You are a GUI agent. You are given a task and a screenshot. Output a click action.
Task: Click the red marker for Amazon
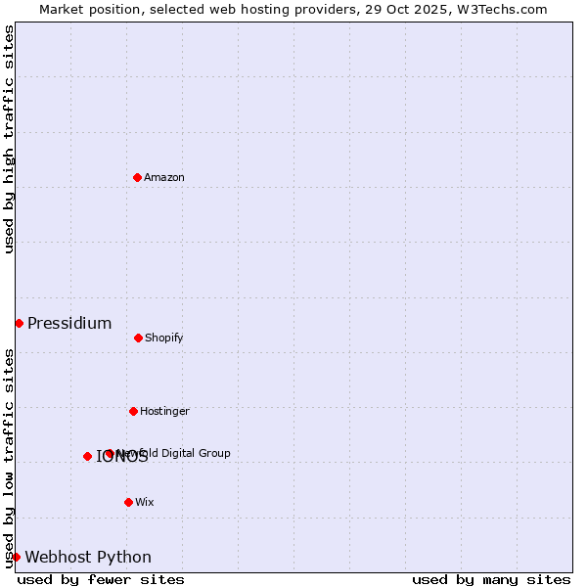point(137,177)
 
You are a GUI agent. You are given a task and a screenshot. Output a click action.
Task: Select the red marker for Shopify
point(138,338)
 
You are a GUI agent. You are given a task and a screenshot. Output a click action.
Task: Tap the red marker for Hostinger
point(133,411)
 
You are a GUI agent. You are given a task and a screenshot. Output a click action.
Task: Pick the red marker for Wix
point(128,502)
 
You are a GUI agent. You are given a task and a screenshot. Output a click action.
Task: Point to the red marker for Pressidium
point(19,323)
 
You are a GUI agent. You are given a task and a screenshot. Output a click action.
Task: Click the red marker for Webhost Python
point(16,557)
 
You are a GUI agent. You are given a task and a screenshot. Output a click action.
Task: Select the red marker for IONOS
point(87,456)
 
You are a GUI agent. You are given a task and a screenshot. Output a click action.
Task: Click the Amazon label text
point(164,177)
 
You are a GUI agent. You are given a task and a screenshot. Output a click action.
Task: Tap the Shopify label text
point(164,338)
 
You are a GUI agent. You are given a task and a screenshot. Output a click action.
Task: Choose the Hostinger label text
point(164,411)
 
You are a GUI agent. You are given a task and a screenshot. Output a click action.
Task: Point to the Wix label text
point(145,502)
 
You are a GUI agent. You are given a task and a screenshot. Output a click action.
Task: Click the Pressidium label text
point(69,323)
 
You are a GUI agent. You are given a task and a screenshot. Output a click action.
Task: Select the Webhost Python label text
point(88,557)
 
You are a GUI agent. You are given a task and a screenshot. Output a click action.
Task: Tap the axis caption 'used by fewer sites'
point(101,579)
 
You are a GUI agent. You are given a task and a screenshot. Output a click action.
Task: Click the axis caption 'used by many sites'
point(491,579)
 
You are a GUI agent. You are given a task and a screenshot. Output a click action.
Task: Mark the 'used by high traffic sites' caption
point(10,139)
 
